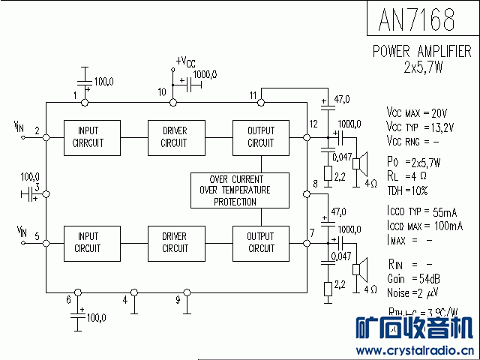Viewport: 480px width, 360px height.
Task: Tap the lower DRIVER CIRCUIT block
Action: [x=174, y=242]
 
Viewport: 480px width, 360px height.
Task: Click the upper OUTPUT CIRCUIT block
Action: [x=261, y=137]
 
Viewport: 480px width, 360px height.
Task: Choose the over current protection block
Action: [x=240, y=190]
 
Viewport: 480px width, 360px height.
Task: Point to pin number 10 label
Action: [x=162, y=92]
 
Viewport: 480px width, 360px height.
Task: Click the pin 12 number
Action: [x=313, y=124]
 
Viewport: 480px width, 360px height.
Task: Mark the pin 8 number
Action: [x=314, y=184]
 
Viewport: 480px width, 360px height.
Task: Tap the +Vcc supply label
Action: [x=185, y=62]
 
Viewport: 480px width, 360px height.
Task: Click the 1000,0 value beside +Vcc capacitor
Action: [x=205, y=74]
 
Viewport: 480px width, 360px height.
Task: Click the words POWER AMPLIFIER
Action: [x=422, y=52]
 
